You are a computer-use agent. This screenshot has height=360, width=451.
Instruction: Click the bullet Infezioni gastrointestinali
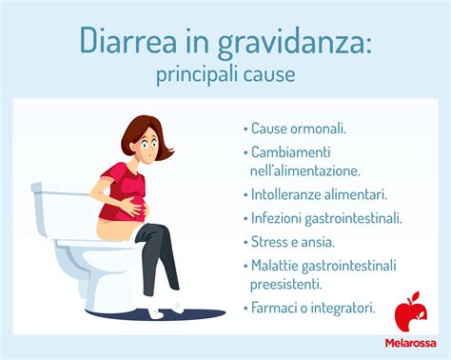click(x=326, y=217)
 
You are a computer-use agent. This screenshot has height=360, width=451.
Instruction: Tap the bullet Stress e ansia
click(x=296, y=241)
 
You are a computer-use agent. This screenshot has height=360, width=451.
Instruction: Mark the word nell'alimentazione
click(x=305, y=170)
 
